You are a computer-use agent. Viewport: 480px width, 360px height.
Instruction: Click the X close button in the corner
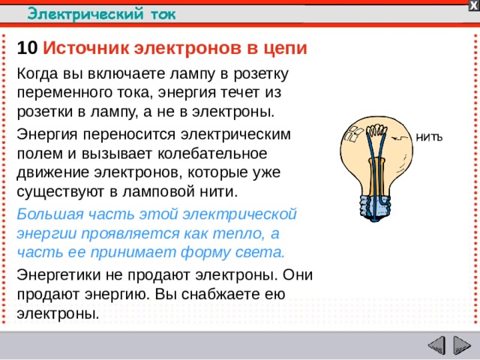[473, 5]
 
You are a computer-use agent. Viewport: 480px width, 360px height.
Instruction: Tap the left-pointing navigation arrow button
[436, 346]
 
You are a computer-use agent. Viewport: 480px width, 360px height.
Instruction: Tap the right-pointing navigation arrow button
[460, 346]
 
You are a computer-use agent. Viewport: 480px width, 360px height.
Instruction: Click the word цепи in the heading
[286, 48]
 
